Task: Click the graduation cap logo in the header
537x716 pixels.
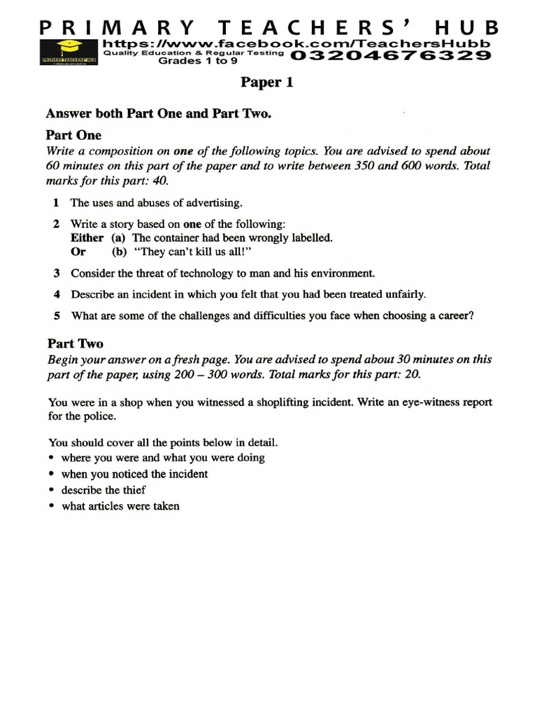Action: coord(69,51)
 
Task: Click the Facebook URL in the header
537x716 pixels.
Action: coord(301,43)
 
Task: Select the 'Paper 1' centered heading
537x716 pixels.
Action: coord(267,83)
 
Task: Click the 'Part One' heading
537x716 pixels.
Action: coord(73,134)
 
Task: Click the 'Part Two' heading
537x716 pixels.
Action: coord(75,343)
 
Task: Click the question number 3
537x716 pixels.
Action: coord(56,273)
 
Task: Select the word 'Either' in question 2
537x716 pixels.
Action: coord(87,238)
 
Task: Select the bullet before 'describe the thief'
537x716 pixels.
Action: coord(52,490)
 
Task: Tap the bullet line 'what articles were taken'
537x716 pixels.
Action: coord(120,506)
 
